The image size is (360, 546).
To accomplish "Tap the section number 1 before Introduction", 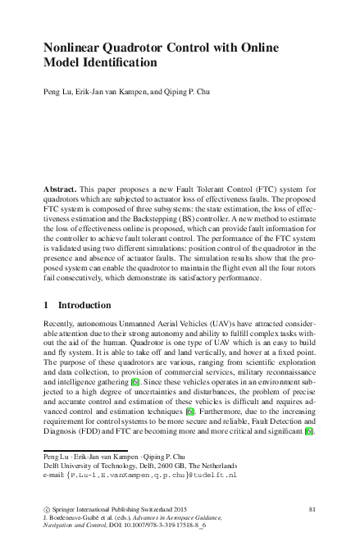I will point(45,305).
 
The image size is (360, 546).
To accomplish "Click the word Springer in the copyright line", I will point(72,510).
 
